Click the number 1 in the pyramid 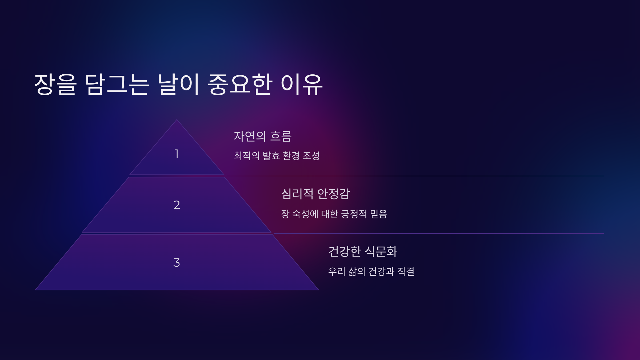(x=176, y=154)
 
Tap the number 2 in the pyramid (x=177, y=205)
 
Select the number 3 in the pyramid (x=177, y=263)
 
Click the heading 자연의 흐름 (x=263, y=136)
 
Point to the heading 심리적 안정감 (x=315, y=194)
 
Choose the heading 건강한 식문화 (x=363, y=251)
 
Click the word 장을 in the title (x=55, y=85)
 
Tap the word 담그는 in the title (x=117, y=85)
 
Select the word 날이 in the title (x=178, y=85)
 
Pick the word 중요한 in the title (x=240, y=85)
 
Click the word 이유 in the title (x=302, y=85)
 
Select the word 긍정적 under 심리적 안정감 (x=354, y=214)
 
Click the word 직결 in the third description (x=406, y=272)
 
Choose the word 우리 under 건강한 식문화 (x=337, y=272)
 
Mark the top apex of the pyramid (x=177, y=120)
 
